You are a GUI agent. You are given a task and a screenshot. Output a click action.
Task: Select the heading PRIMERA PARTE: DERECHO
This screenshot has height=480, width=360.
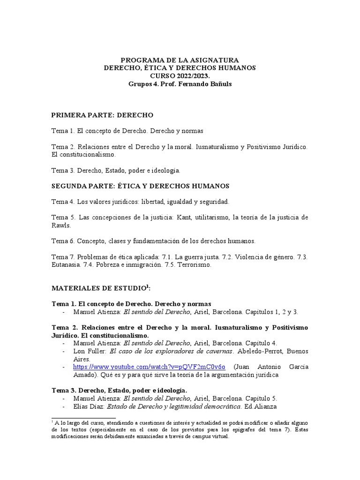tap(102, 115)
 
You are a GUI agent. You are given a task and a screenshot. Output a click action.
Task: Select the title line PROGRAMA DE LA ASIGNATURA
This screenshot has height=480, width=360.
tap(180, 60)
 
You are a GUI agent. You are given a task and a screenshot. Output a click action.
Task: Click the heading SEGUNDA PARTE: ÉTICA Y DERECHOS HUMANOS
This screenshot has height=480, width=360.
tap(140, 186)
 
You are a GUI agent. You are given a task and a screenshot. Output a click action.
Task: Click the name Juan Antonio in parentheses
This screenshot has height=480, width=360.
tap(257, 367)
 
